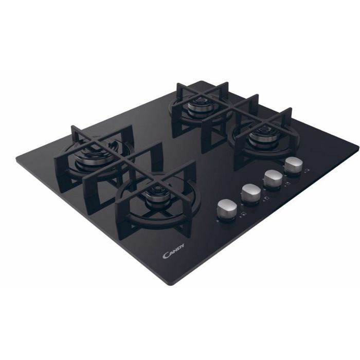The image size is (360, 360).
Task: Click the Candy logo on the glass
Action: point(173,251)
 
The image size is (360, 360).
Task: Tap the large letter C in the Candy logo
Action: point(166,256)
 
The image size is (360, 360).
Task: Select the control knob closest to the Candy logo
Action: point(226,210)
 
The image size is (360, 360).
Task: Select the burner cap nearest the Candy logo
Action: point(155,197)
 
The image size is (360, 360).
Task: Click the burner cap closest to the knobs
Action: point(261,137)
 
